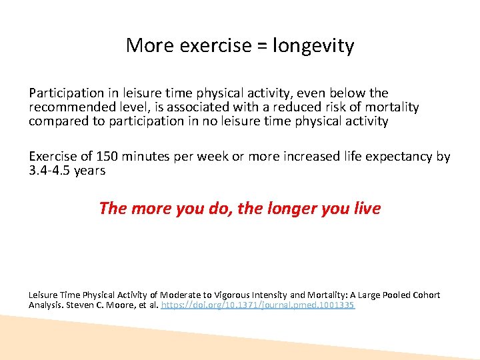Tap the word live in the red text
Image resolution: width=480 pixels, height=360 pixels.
click(x=366, y=209)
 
